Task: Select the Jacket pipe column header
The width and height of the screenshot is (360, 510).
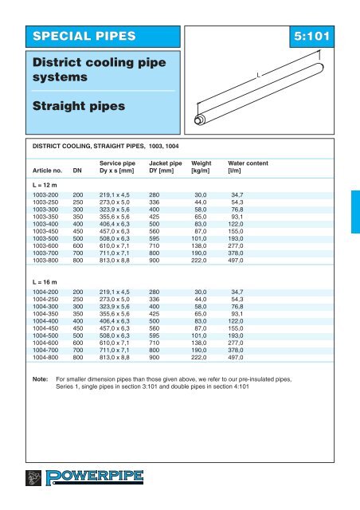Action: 166,163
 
